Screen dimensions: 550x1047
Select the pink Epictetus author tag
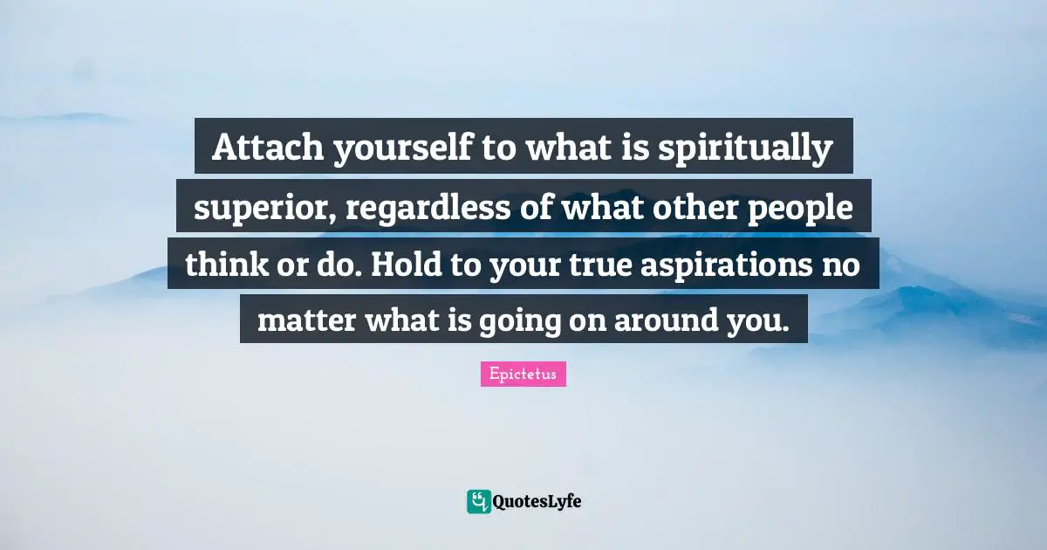tap(523, 374)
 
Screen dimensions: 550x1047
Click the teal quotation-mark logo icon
tap(478, 501)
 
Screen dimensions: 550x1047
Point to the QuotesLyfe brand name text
tap(537, 502)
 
